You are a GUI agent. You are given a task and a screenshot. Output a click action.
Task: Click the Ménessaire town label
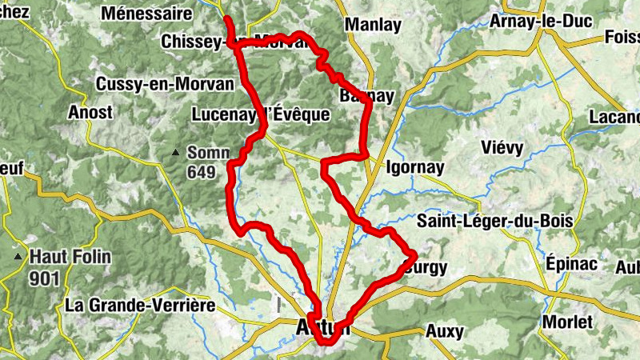(x=147, y=14)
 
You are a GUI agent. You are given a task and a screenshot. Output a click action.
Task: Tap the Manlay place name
(x=373, y=25)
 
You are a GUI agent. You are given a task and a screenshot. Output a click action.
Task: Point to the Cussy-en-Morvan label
(x=164, y=84)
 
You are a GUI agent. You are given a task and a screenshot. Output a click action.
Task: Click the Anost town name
(x=90, y=112)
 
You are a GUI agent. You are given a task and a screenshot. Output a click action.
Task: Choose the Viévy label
(x=502, y=147)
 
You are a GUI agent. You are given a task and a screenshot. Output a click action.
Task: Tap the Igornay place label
(x=414, y=169)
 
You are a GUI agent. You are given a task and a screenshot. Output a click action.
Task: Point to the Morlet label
(x=567, y=322)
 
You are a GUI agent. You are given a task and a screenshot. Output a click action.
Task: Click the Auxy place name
(x=445, y=330)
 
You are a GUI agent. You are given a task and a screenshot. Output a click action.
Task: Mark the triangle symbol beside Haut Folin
(x=18, y=257)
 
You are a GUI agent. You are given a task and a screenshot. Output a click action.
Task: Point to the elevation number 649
(x=203, y=171)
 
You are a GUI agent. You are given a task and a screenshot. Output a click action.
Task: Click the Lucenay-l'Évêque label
(x=261, y=114)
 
